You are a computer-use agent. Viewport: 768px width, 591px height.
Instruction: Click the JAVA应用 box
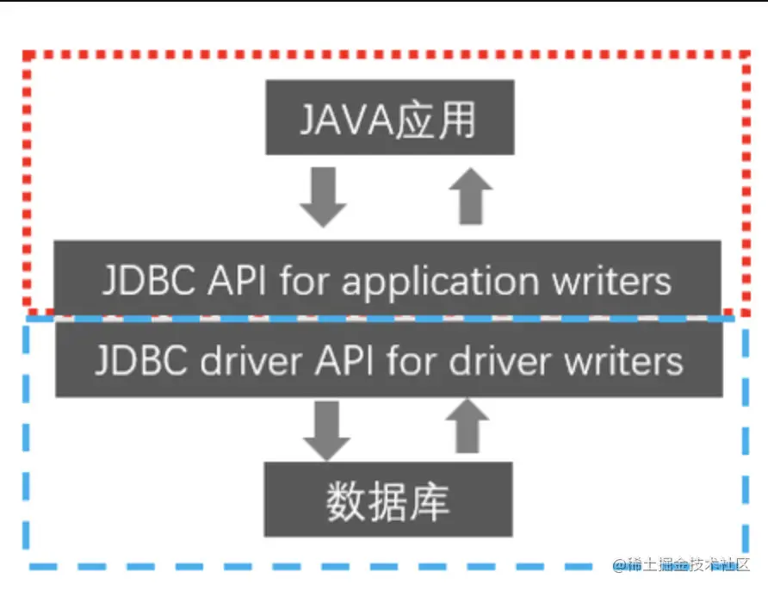pyautogui.click(x=389, y=117)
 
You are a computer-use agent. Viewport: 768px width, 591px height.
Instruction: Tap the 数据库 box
pyautogui.click(x=387, y=500)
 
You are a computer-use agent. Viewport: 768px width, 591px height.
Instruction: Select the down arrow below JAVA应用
pyautogui.click(x=324, y=196)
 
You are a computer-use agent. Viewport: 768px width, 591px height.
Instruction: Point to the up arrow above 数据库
pyautogui.click(x=468, y=426)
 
